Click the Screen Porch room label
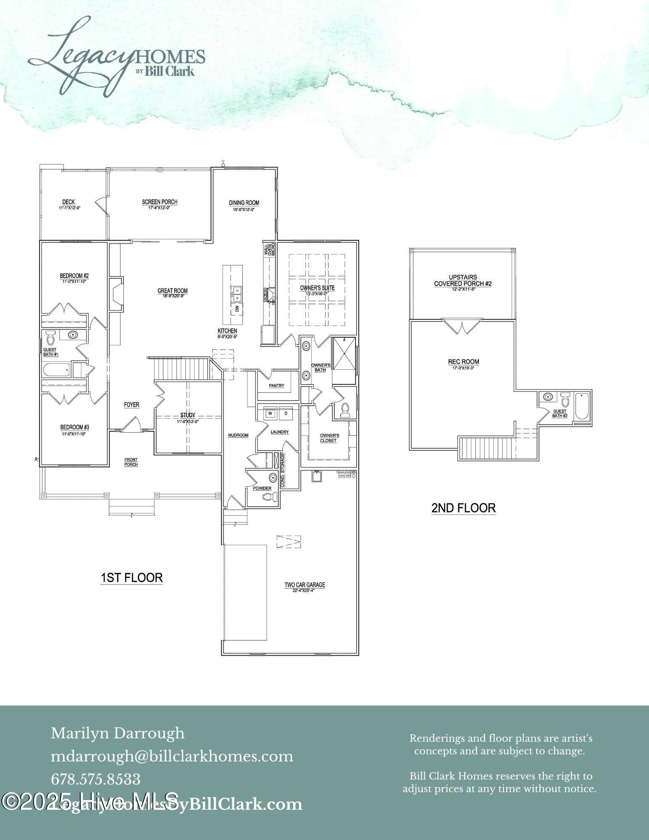tap(160, 202)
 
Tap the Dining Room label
tap(244, 203)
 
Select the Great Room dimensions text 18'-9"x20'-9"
tap(172, 296)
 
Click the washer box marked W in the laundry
tap(271, 413)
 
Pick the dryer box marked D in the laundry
tap(286, 413)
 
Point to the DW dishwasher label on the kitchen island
tap(237, 309)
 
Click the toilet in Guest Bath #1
tap(51, 337)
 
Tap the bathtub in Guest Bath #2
tap(582, 406)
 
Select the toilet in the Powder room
tap(269, 497)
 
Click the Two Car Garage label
tap(305, 585)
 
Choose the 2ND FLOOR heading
tap(463, 508)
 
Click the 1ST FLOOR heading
tap(131, 578)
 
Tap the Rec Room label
tap(463, 362)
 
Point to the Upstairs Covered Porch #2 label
tap(462, 281)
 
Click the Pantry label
tap(276, 386)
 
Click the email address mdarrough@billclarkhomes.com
tap(172, 756)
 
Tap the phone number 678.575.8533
tap(95, 780)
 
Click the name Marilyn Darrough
tap(118, 733)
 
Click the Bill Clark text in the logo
tap(170, 71)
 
